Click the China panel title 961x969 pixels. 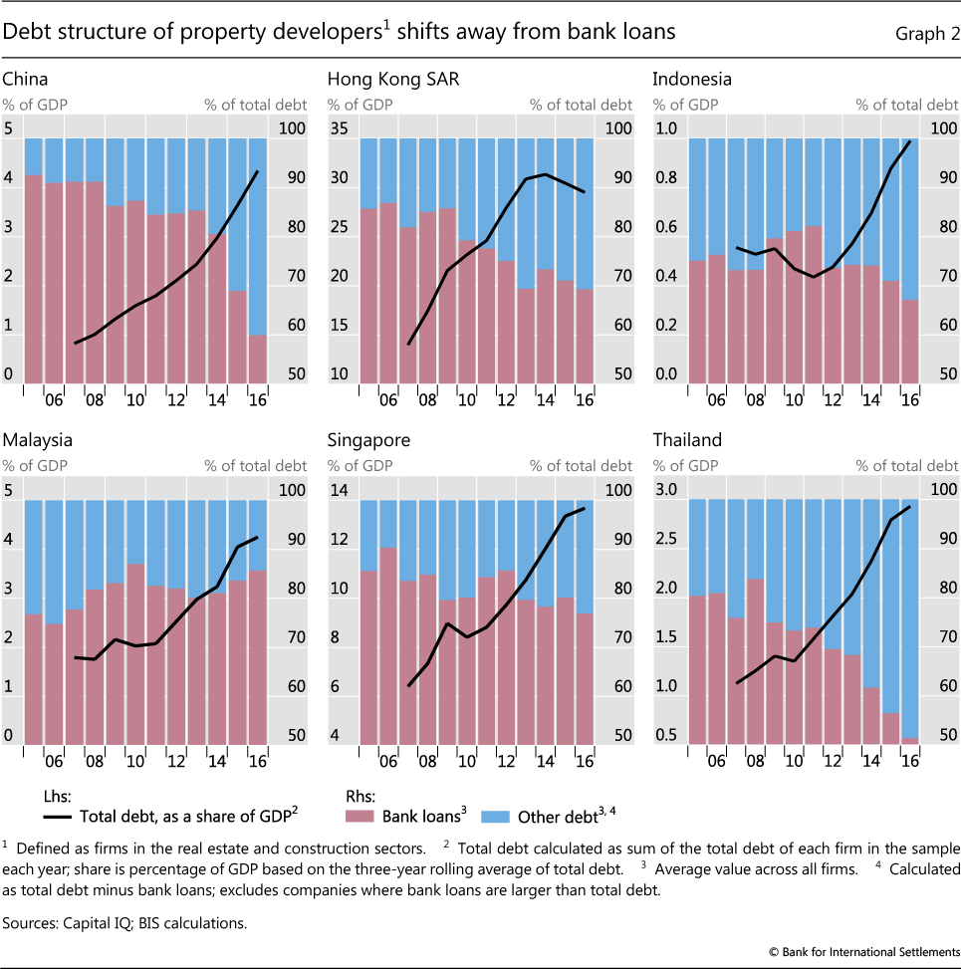25,78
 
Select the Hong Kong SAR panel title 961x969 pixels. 393,78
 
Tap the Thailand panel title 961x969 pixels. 687,439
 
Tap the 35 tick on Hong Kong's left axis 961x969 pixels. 339,128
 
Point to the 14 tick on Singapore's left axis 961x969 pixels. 339,490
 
